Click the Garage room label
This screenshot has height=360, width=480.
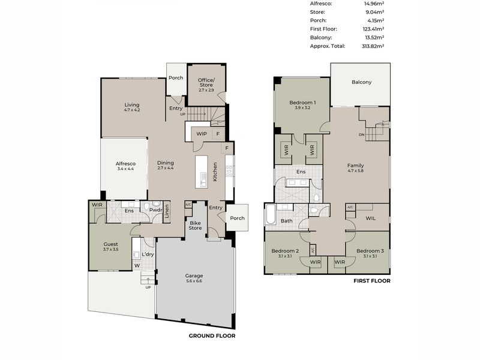tap(193, 276)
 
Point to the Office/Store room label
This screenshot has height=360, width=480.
tap(206, 83)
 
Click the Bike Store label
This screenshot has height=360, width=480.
tap(195, 225)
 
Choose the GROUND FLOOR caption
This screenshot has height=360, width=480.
tap(212, 336)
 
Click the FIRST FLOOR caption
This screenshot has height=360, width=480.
tap(372, 281)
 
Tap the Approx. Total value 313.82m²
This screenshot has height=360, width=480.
tap(372, 46)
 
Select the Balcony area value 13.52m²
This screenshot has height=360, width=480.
tap(372, 37)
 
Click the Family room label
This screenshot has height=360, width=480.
tap(355, 166)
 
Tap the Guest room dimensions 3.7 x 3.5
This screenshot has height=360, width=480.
tap(110, 249)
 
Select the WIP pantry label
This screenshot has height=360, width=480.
tap(202, 134)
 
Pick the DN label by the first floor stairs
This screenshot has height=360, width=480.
tap(361, 135)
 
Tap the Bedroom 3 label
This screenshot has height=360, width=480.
tap(366, 251)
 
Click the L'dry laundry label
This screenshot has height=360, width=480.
tap(147, 254)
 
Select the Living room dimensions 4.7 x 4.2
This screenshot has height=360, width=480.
tap(132, 110)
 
